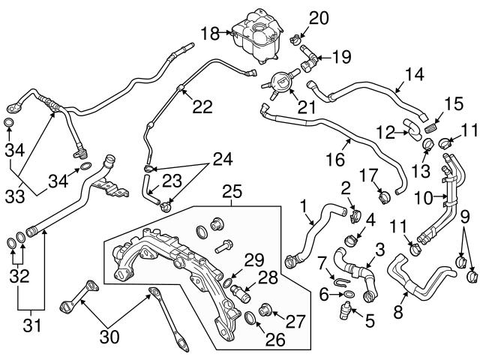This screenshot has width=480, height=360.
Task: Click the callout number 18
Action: (209, 33)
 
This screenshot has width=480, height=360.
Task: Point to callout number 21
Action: (307, 107)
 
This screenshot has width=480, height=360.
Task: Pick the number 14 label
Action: (415, 74)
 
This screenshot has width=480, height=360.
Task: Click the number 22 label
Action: (202, 107)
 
